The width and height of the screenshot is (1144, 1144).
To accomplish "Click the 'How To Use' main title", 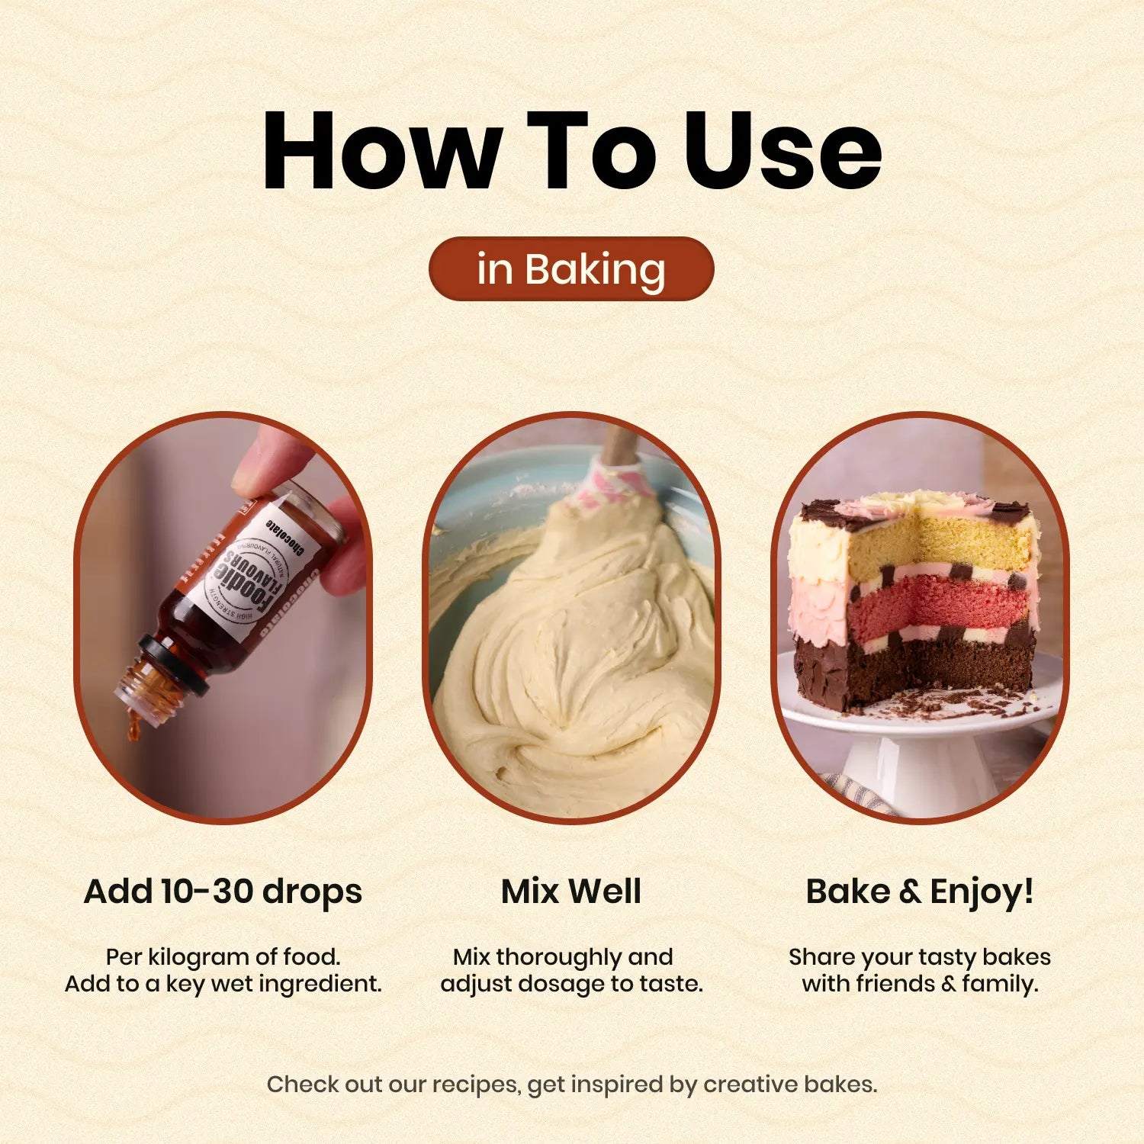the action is pos(572,149).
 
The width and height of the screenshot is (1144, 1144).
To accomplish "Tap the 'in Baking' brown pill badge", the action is pos(571,268).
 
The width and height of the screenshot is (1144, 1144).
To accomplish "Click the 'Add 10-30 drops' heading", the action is pos(223,892).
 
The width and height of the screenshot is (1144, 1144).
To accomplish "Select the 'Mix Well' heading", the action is pos(571,891).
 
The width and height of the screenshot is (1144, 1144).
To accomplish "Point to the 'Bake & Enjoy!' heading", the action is pos(920,892).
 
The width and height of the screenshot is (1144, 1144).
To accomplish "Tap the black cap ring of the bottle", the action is pos(174,664).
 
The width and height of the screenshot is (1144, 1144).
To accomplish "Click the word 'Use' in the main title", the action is pos(783,149).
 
